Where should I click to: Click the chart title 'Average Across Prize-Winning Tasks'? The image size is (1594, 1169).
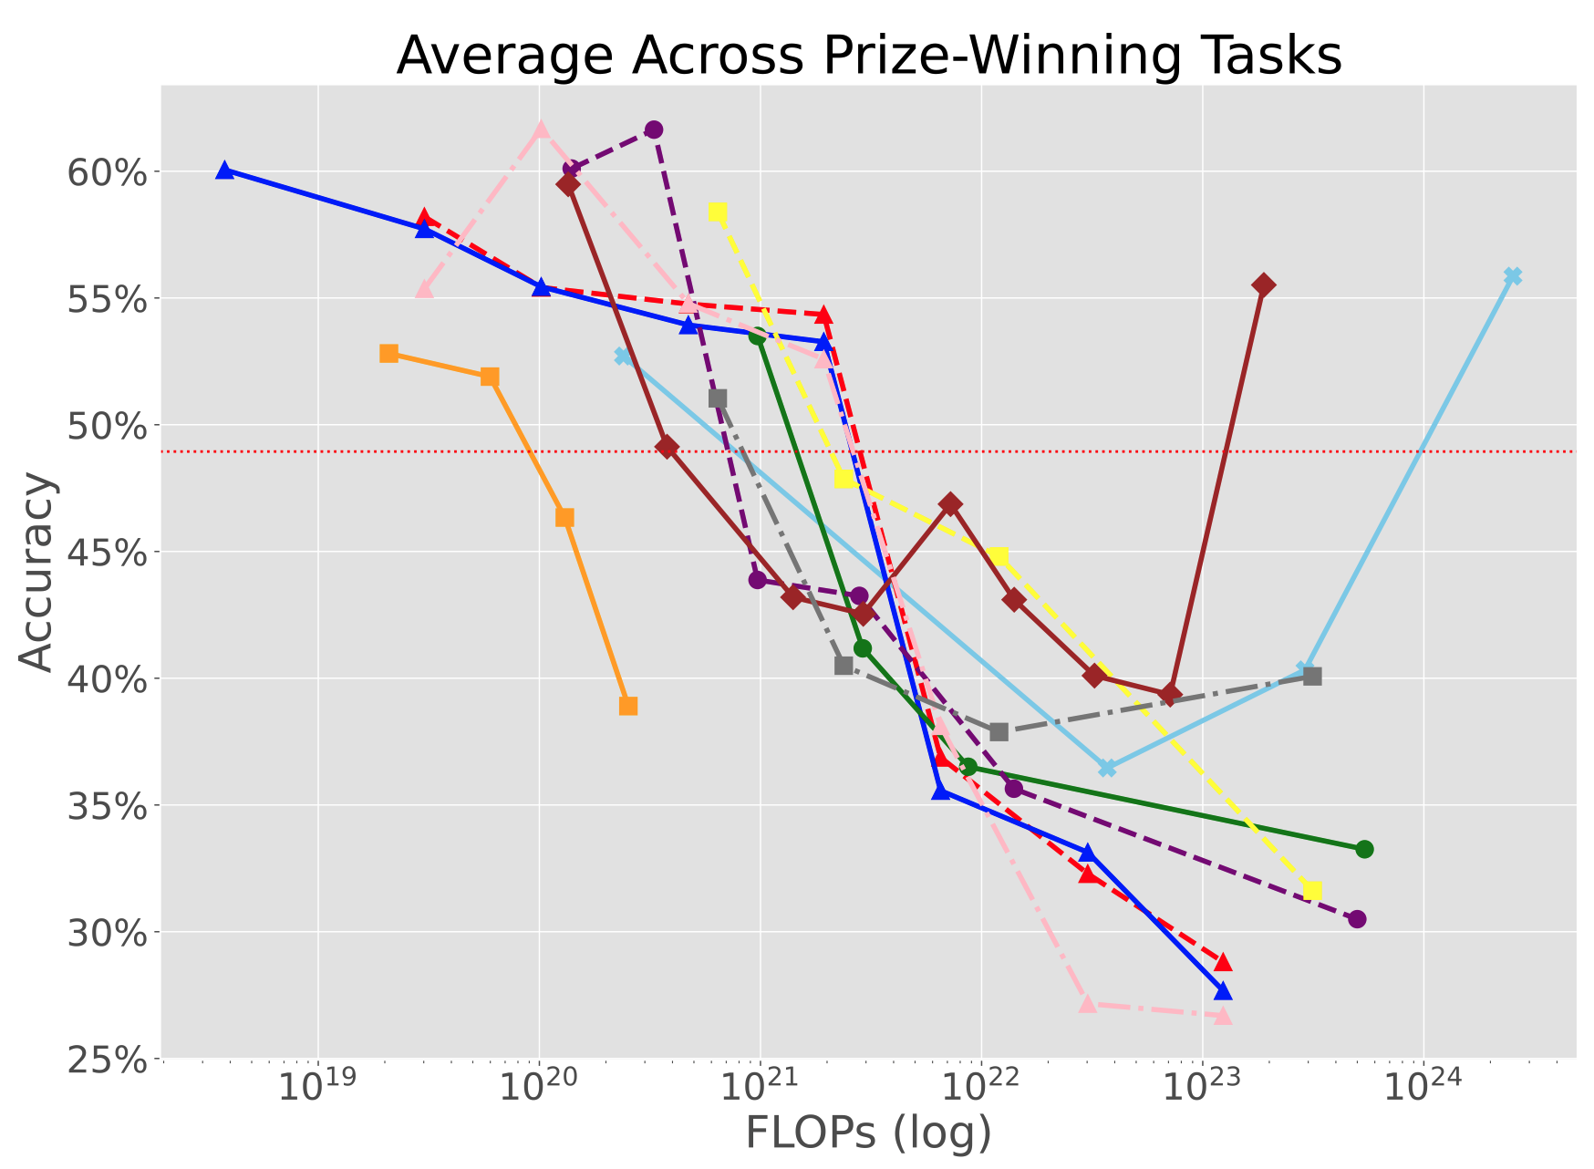pyautogui.click(x=868, y=57)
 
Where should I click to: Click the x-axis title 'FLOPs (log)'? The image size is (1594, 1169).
pyautogui.click(x=868, y=1133)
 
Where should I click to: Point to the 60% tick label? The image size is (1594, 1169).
pyautogui.click(x=108, y=172)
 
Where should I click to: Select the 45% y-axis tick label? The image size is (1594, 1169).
pyautogui.click(x=108, y=553)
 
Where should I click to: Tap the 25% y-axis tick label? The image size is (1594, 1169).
pyautogui.click(x=108, y=1060)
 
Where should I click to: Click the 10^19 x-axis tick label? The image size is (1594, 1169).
pyautogui.click(x=318, y=1090)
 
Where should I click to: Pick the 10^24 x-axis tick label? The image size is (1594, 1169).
pyautogui.click(x=1423, y=1090)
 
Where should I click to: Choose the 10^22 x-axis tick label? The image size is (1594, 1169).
pyautogui.click(x=981, y=1090)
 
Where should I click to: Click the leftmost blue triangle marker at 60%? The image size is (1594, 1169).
pyautogui.click(x=224, y=171)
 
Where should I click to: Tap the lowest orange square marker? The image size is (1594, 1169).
pyautogui.click(x=628, y=706)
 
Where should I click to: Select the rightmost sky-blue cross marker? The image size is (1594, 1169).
pyautogui.click(x=1513, y=276)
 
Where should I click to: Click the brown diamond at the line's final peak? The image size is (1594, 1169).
pyautogui.click(x=1264, y=285)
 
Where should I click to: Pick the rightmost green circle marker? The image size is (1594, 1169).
pyautogui.click(x=1364, y=849)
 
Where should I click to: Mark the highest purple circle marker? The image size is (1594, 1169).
pyautogui.click(x=654, y=129)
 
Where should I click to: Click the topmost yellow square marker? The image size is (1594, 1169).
pyautogui.click(x=718, y=212)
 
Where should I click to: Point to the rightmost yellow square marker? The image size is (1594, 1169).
pyautogui.click(x=1312, y=890)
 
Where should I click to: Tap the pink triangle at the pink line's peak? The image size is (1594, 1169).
pyautogui.click(x=541, y=129)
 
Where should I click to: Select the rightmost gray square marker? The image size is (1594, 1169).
pyautogui.click(x=1312, y=677)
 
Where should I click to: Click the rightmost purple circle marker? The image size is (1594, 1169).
pyautogui.click(x=1357, y=918)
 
